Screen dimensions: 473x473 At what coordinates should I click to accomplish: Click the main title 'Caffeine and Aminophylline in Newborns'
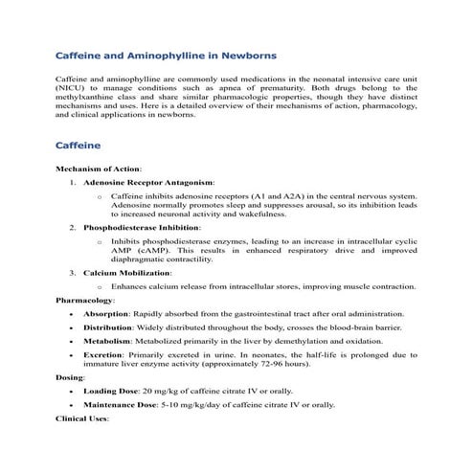coord(167,56)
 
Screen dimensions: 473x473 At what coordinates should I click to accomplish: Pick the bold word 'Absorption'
coord(107,313)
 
